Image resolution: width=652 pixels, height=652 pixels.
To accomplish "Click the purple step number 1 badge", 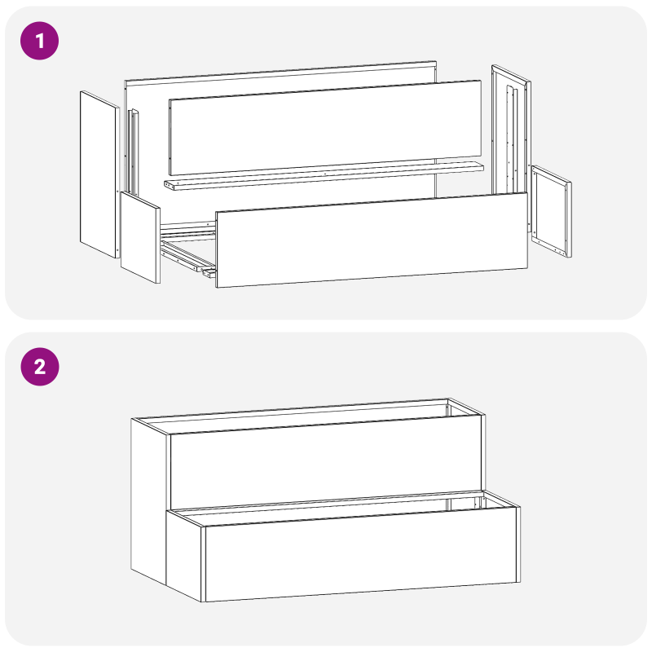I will click(40, 40).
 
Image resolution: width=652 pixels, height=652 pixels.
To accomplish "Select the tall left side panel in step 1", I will click(99, 174).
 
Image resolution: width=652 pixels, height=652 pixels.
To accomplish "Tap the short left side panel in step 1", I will click(139, 237).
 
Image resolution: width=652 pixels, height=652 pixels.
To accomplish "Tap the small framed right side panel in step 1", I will click(551, 209).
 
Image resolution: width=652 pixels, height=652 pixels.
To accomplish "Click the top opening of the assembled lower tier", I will click(342, 507).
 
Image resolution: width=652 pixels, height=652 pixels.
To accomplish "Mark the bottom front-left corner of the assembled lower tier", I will click(205, 601).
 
